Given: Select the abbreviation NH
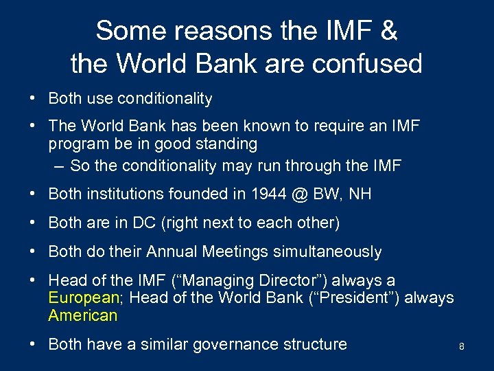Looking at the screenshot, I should (x=360, y=194).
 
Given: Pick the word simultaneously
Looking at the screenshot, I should (x=327, y=252).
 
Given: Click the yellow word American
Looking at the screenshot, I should (x=83, y=316).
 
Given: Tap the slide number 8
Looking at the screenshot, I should (x=462, y=347).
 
